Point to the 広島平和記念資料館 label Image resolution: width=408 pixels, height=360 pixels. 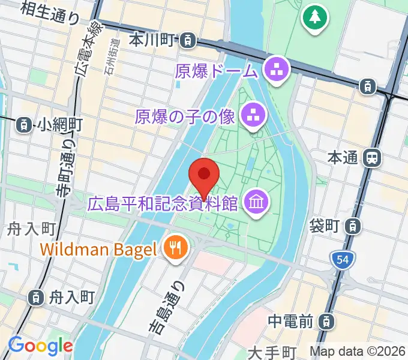[x=163, y=204]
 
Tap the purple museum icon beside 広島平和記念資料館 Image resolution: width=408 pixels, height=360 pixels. [x=257, y=203]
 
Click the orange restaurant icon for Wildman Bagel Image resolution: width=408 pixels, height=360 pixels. [x=176, y=248]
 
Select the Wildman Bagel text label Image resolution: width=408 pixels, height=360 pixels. [x=100, y=248]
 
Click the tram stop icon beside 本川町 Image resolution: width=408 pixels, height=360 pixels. [x=189, y=40]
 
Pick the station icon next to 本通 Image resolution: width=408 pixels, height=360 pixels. [x=373, y=158]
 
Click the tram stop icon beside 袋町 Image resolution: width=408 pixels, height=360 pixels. [x=355, y=226]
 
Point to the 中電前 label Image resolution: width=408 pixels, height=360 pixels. [x=290, y=322]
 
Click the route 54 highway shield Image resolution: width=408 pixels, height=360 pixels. [x=343, y=260]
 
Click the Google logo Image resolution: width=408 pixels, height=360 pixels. [x=40, y=346]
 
